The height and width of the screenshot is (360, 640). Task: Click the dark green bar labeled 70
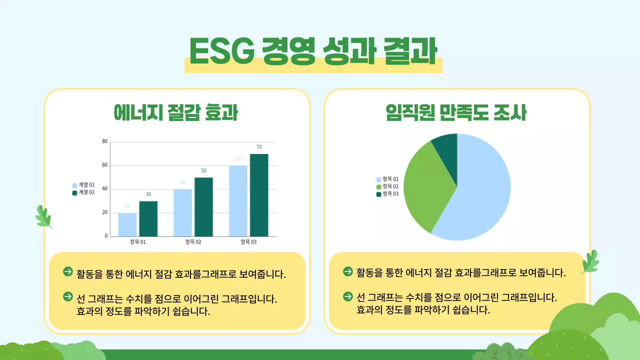[x=259, y=195]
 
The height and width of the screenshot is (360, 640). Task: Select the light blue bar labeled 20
[x=127, y=224]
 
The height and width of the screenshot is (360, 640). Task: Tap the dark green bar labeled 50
[x=203, y=206]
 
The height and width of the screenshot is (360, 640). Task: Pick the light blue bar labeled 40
[x=183, y=212]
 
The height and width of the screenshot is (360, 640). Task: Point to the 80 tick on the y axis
[x=105, y=141]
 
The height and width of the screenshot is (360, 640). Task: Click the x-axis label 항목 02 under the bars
[x=193, y=242]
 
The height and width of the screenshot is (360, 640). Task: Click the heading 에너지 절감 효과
[x=175, y=113]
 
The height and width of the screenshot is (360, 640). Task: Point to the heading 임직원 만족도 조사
[x=456, y=113]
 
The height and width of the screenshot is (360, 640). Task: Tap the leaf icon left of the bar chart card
[x=43, y=216]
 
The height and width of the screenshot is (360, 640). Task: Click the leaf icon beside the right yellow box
[x=590, y=262]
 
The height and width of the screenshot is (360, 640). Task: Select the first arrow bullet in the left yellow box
[x=68, y=271]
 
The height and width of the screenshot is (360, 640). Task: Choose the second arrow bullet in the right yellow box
[x=348, y=296]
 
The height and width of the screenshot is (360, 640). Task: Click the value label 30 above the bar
[x=148, y=194]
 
